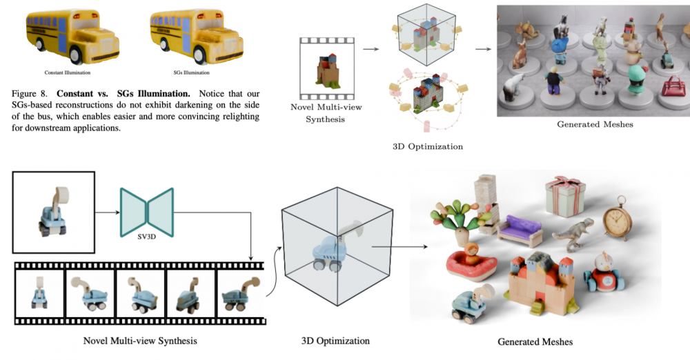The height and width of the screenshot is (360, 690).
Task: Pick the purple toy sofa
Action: point(520,228)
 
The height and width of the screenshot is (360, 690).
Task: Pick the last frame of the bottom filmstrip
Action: point(239,292)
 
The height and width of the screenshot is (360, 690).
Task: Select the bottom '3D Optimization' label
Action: point(335,341)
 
